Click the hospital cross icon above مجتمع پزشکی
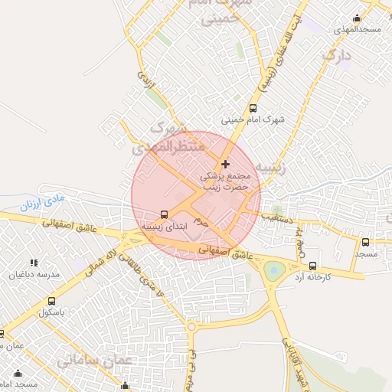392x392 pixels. pyautogui.click(x=225, y=164)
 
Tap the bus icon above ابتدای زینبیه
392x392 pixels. pyautogui.click(x=164, y=215)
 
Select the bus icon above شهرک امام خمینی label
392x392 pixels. pyautogui.click(x=253, y=108)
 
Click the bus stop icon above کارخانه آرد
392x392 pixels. pyautogui.click(x=312, y=266)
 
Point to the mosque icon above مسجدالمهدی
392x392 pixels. pyautogui.click(x=356, y=18)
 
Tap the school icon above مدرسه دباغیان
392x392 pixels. pyautogui.click(x=32, y=263)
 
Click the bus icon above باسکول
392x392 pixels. pyautogui.click(x=52, y=301)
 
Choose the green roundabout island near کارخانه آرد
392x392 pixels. pyautogui.click(x=273, y=269)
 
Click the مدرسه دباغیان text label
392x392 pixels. pyautogui.click(x=31, y=275)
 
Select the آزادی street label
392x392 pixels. pyautogui.click(x=146, y=79)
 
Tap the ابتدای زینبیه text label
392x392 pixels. pyautogui.click(x=163, y=227)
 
